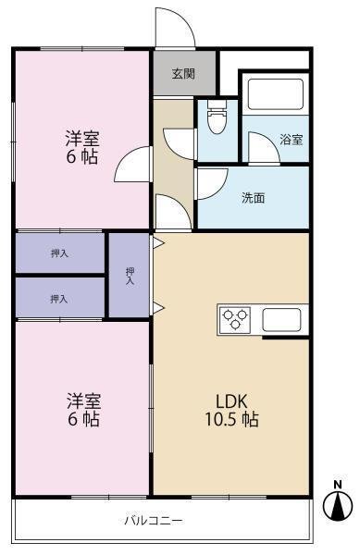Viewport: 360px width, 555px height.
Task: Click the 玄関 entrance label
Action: pos(183,74)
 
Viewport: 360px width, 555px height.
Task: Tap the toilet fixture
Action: pos(217,117)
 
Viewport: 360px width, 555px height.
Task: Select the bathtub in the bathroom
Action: pos(276,94)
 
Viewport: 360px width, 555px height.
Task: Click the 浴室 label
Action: pos(291,140)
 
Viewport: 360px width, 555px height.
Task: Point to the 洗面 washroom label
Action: pos(253,198)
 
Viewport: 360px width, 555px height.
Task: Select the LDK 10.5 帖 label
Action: pos(232,410)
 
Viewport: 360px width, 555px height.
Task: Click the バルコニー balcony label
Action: pos(154,520)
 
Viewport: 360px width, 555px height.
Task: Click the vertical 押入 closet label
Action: pos(130,276)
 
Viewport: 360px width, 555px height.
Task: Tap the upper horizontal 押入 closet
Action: pos(60,253)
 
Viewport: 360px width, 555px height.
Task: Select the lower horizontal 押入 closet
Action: pos(60,298)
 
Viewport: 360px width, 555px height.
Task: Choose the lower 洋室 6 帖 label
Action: pos(83,410)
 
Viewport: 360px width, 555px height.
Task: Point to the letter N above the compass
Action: pos(338,485)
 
